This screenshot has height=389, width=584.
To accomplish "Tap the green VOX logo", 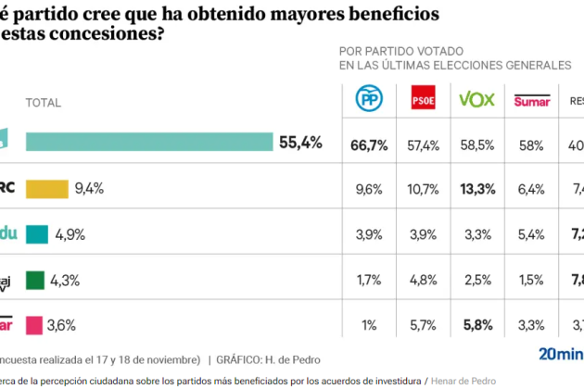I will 478,99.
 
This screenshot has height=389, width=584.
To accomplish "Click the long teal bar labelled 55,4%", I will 149,142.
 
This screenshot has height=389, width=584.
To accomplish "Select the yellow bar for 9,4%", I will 47,188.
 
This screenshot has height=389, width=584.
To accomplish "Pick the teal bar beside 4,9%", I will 37,233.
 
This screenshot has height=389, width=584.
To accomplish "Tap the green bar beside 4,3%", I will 35,279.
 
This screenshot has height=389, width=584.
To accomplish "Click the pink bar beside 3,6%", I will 34,325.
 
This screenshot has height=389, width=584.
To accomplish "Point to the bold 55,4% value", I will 300,142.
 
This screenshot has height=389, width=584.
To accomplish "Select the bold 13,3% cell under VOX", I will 477,189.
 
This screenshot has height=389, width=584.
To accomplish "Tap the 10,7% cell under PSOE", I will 423,189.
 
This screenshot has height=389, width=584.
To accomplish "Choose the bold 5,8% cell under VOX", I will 477,325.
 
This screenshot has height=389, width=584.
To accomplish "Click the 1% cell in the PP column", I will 368,325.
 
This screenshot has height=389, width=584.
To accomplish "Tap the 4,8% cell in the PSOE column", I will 423,280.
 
